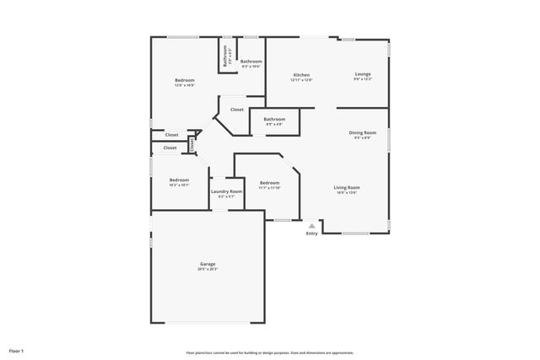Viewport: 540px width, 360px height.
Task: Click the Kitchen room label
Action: (x=301, y=75)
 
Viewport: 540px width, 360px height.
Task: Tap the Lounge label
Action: (x=362, y=74)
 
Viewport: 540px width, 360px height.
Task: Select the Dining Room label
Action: (x=363, y=132)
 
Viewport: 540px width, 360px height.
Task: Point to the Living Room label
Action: (x=347, y=187)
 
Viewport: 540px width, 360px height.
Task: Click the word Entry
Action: (x=312, y=234)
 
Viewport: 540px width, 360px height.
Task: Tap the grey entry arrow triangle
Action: (x=312, y=225)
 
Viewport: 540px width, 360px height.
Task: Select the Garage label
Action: (x=208, y=265)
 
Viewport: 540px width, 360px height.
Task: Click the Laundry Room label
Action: (x=225, y=191)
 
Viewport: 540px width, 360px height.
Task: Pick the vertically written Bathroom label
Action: (x=225, y=56)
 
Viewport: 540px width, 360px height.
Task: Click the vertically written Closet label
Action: (x=192, y=145)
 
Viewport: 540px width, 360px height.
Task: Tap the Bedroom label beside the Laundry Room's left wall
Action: (x=179, y=180)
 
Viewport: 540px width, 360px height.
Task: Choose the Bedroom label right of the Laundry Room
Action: (x=269, y=183)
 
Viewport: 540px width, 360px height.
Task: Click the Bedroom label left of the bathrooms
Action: (x=185, y=80)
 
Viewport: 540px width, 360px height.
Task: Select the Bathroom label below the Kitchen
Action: (x=274, y=119)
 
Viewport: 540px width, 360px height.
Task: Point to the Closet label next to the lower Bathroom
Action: (x=236, y=109)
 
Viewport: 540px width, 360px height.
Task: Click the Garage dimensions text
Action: (x=208, y=270)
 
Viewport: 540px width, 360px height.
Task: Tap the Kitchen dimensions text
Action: (x=301, y=80)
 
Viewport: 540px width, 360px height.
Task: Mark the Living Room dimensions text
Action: (x=347, y=192)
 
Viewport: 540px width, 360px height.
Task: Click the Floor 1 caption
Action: (x=17, y=350)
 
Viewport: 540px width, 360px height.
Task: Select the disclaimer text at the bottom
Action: (x=269, y=352)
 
